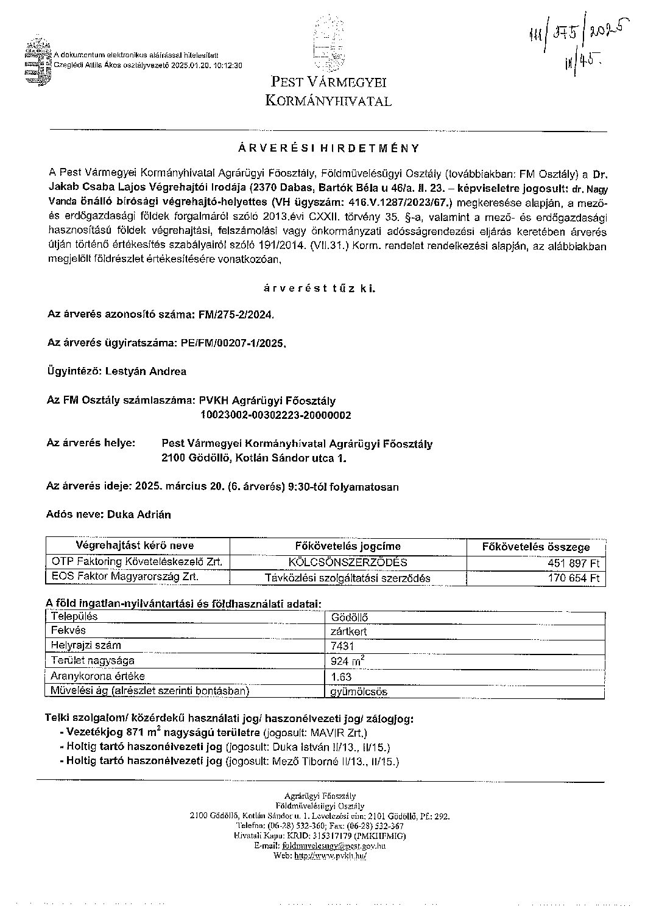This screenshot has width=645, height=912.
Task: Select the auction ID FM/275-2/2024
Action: [236, 315]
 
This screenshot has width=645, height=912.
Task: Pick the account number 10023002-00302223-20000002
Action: [275, 415]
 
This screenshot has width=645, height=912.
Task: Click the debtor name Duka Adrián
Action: [139, 514]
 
